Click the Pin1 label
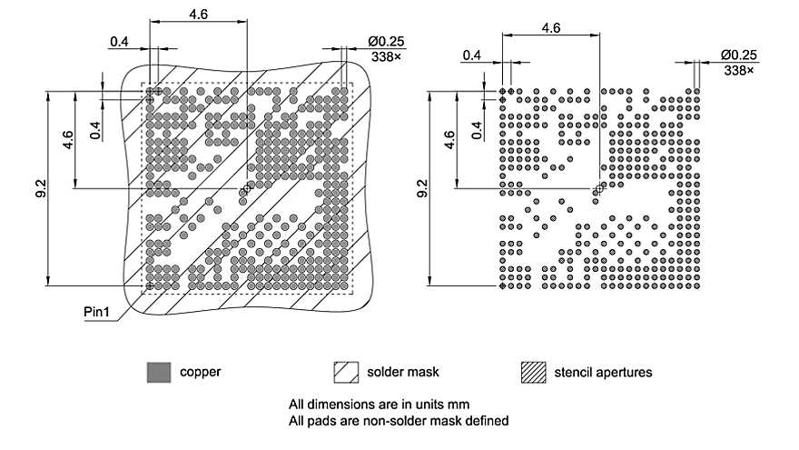(97, 312)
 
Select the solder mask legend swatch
(347, 372)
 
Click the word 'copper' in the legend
(201, 372)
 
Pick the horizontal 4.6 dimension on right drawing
(549, 27)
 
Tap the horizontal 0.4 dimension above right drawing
(471, 55)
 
